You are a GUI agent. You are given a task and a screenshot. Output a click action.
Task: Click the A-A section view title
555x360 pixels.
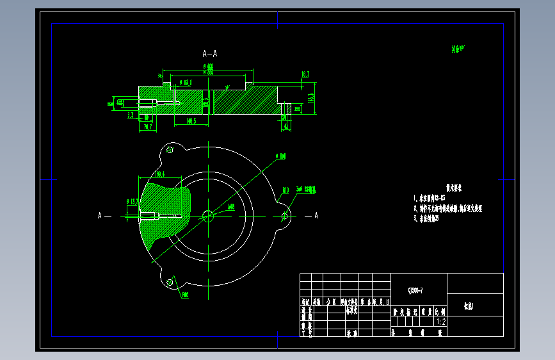coord(210,54)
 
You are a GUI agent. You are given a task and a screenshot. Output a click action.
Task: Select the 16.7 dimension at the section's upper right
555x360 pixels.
coord(305,74)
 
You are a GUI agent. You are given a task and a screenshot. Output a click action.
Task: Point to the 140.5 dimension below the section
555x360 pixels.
coord(190,120)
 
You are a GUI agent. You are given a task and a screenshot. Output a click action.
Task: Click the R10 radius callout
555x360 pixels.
coord(286,190)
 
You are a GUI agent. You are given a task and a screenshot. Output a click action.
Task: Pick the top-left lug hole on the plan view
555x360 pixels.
coord(170,150)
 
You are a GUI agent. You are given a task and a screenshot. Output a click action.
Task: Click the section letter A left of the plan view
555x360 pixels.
coord(100,216)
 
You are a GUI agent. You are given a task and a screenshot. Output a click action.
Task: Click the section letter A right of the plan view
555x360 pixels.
coord(316,216)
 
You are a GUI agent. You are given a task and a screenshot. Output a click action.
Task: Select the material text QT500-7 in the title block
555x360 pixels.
coord(415,290)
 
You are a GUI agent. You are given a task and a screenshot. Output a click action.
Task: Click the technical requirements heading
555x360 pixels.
coord(454,188)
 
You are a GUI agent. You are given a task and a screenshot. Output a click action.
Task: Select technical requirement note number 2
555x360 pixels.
coord(448,208)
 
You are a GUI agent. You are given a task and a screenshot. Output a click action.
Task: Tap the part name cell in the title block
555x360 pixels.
coord(474,306)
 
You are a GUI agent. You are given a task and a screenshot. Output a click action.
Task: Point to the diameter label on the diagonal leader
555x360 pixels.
coord(280,156)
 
